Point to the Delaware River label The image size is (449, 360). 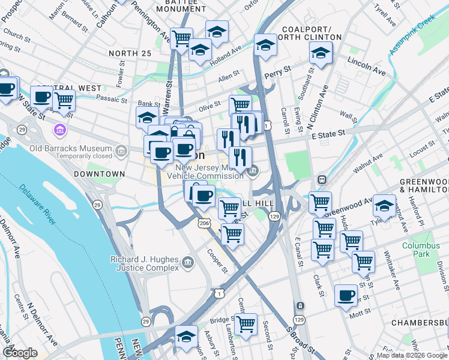(x=38, y=205)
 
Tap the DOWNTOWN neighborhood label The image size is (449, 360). (x=99, y=174)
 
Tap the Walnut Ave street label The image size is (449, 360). (x=368, y=163)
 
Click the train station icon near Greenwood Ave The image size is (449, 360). (x=321, y=179)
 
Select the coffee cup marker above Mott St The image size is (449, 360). (x=346, y=295)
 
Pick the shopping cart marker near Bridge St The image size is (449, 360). (x=245, y=324)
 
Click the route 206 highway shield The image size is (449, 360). (x=204, y=223)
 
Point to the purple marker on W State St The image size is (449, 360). (x=59, y=130)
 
